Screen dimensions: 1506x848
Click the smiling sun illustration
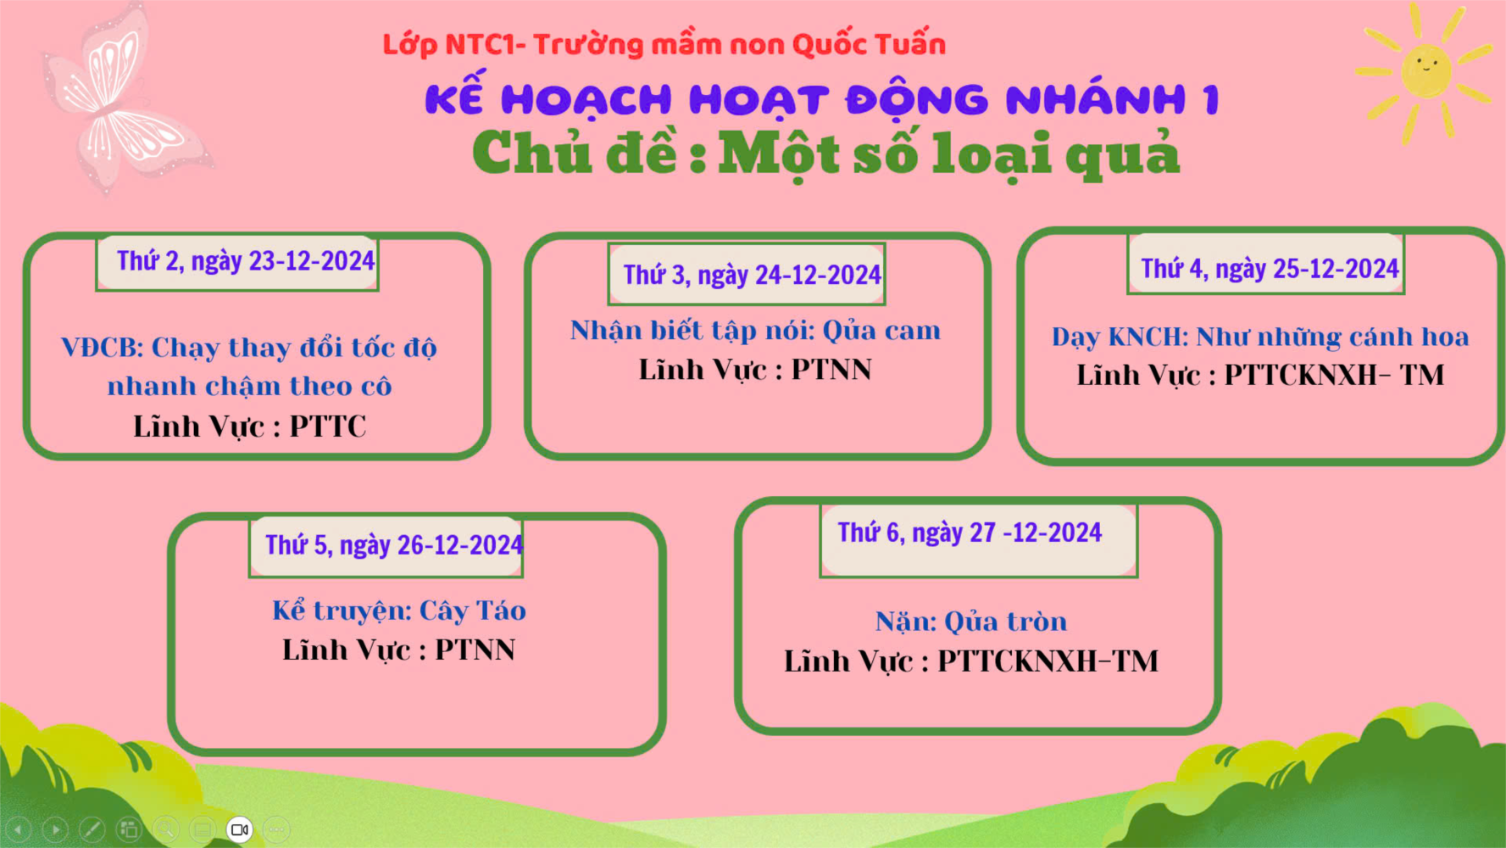tap(1425, 71)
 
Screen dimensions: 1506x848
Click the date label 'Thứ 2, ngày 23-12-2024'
tap(246, 261)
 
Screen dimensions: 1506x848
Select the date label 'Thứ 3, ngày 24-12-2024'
tap(752, 275)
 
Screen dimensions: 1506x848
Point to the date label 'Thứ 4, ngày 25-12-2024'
tap(1270, 269)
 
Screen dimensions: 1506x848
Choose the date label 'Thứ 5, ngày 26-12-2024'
tap(394, 544)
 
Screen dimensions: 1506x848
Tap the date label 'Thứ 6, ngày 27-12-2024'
tap(970, 533)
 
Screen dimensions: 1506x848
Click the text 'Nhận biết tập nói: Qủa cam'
tap(755, 330)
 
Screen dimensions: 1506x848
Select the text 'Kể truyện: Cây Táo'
tap(399, 611)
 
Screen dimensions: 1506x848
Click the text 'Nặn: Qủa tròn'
tap(971, 622)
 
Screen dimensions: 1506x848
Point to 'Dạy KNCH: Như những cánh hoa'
tap(1260, 337)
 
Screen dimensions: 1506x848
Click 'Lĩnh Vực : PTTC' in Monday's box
tap(250, 426)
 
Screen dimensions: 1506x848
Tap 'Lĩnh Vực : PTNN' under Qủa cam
tap(755, 370)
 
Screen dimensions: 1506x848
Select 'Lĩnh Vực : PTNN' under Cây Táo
tap(399, 650)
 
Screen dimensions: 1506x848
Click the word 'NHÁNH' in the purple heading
tap(1097, 99)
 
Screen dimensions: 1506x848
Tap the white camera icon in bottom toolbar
tap(240, 829)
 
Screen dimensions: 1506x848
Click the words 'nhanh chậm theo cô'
tap(249, 386)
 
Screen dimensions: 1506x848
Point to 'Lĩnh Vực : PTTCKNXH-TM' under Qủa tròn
tap(971, 661)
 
